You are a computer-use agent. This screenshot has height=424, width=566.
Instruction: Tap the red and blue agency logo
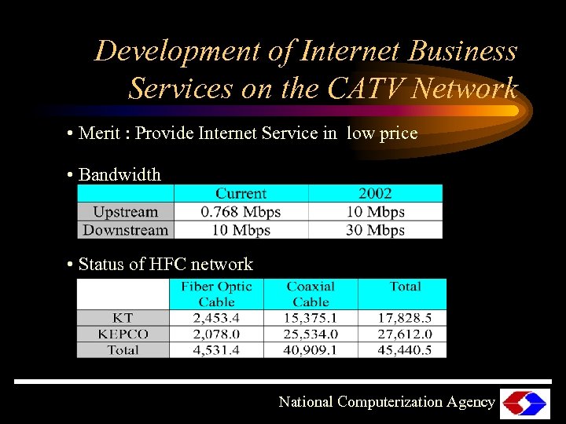(x=524, y=403)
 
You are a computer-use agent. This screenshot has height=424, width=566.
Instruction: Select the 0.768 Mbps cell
(x=241, y=212)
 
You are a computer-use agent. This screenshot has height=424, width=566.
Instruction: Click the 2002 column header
(x=375, y=194)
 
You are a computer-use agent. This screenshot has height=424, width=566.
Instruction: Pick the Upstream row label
(x=125, y=212)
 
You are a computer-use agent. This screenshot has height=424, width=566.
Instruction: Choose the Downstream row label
(x=125, y=230)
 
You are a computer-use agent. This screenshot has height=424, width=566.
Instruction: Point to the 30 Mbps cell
(x=375, y=230)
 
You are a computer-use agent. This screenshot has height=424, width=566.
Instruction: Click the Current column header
(x=241, y=194)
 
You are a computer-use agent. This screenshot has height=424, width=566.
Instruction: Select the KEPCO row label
(x=123, y=334)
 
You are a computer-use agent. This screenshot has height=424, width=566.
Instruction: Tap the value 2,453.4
(x=216, y=318)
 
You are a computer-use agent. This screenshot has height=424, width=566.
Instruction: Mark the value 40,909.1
(x=311, y=350)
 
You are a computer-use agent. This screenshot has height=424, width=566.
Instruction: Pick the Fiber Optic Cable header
(x=216, y=294)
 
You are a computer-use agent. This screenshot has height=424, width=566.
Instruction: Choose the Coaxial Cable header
(x=311, y=294)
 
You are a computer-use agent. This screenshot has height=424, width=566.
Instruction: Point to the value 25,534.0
(x=311, y=334)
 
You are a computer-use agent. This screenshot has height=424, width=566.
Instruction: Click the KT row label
(x=123, y=318)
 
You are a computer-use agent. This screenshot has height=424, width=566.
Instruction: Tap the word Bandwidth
(x=119, y=175)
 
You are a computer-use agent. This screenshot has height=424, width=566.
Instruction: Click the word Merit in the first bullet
(x=99, y=133)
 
